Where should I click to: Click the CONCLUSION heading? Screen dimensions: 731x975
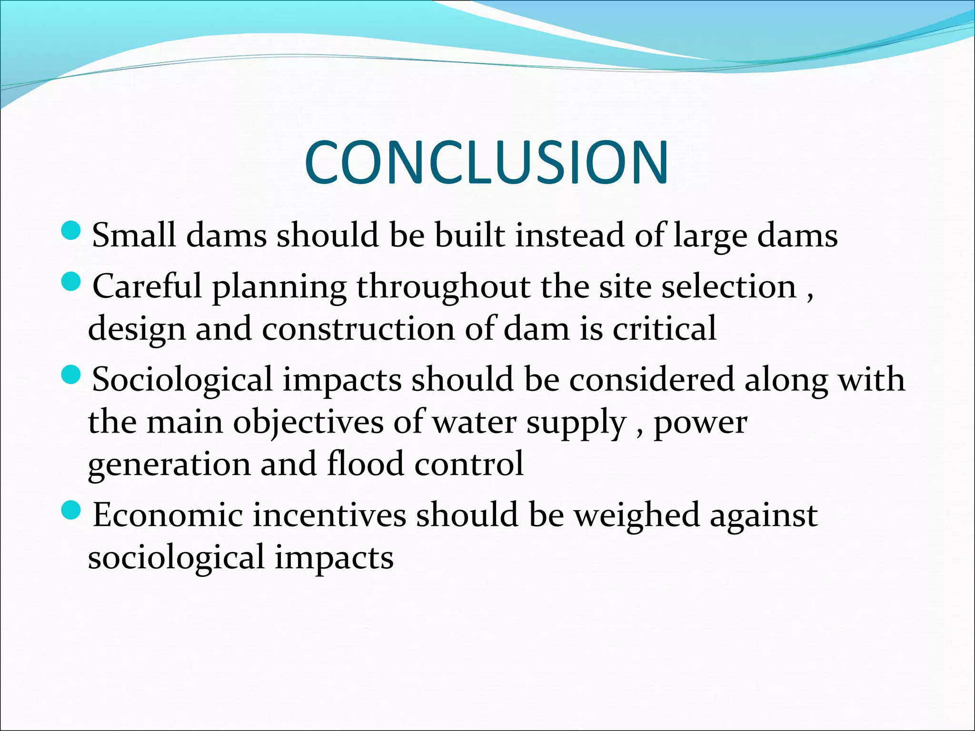[487, 163]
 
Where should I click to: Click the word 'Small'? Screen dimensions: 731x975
[134, 235]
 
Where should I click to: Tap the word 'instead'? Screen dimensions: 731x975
[569, 235]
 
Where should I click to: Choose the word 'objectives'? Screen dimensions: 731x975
[308, 423]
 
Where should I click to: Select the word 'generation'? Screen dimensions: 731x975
[169, 464]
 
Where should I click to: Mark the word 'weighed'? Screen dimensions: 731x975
[637, 516]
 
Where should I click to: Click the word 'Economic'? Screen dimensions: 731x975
[168, 515]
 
